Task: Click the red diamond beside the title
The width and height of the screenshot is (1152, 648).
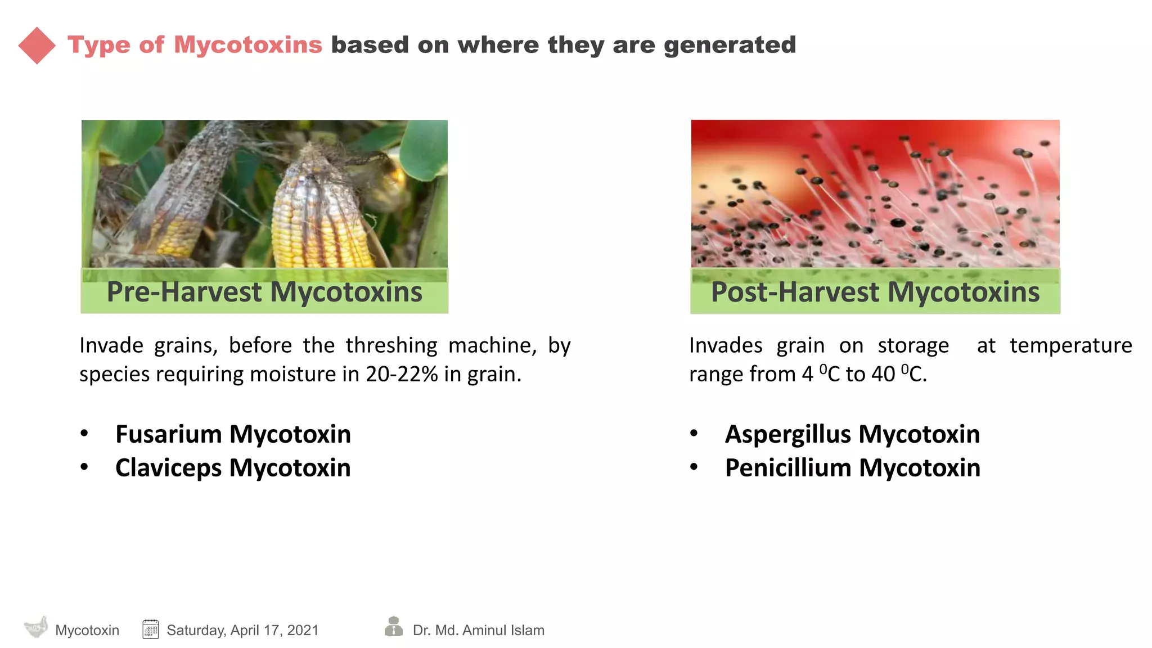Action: tap(37, 46)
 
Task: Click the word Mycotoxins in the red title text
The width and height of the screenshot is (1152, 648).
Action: tap(247, 45)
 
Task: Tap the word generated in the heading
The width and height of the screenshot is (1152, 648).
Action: tap(730, 46)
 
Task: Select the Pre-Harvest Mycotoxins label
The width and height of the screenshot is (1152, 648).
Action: tap(264, 292)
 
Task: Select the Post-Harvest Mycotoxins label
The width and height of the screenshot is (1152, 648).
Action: tap(875, 292)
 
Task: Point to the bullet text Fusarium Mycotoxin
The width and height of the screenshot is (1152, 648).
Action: tap(233, 434)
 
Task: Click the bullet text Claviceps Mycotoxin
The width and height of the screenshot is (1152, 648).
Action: tap(233, 468)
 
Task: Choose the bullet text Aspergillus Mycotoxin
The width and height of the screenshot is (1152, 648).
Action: tap(852, 434)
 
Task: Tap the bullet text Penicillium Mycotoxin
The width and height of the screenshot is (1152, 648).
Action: tap(852, 468)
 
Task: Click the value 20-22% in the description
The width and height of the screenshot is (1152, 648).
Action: tap(402, 374)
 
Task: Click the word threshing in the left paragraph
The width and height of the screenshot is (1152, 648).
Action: tap(391, 345)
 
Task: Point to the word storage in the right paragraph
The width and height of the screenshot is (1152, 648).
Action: tap(913, 345)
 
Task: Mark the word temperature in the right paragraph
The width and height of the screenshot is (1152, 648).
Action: tap(1070, 345)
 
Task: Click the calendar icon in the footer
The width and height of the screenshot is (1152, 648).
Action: tap(150, 629)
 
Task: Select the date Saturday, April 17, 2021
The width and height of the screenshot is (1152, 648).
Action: tap(242, 630)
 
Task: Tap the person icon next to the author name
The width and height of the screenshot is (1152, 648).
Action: tap(394, 627)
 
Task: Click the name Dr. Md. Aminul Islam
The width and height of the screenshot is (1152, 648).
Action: tap(478, 630)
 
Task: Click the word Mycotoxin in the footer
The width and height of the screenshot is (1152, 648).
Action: tap(87, 630)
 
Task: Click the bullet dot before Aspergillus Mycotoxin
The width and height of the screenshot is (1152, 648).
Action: tap(694, 434)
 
